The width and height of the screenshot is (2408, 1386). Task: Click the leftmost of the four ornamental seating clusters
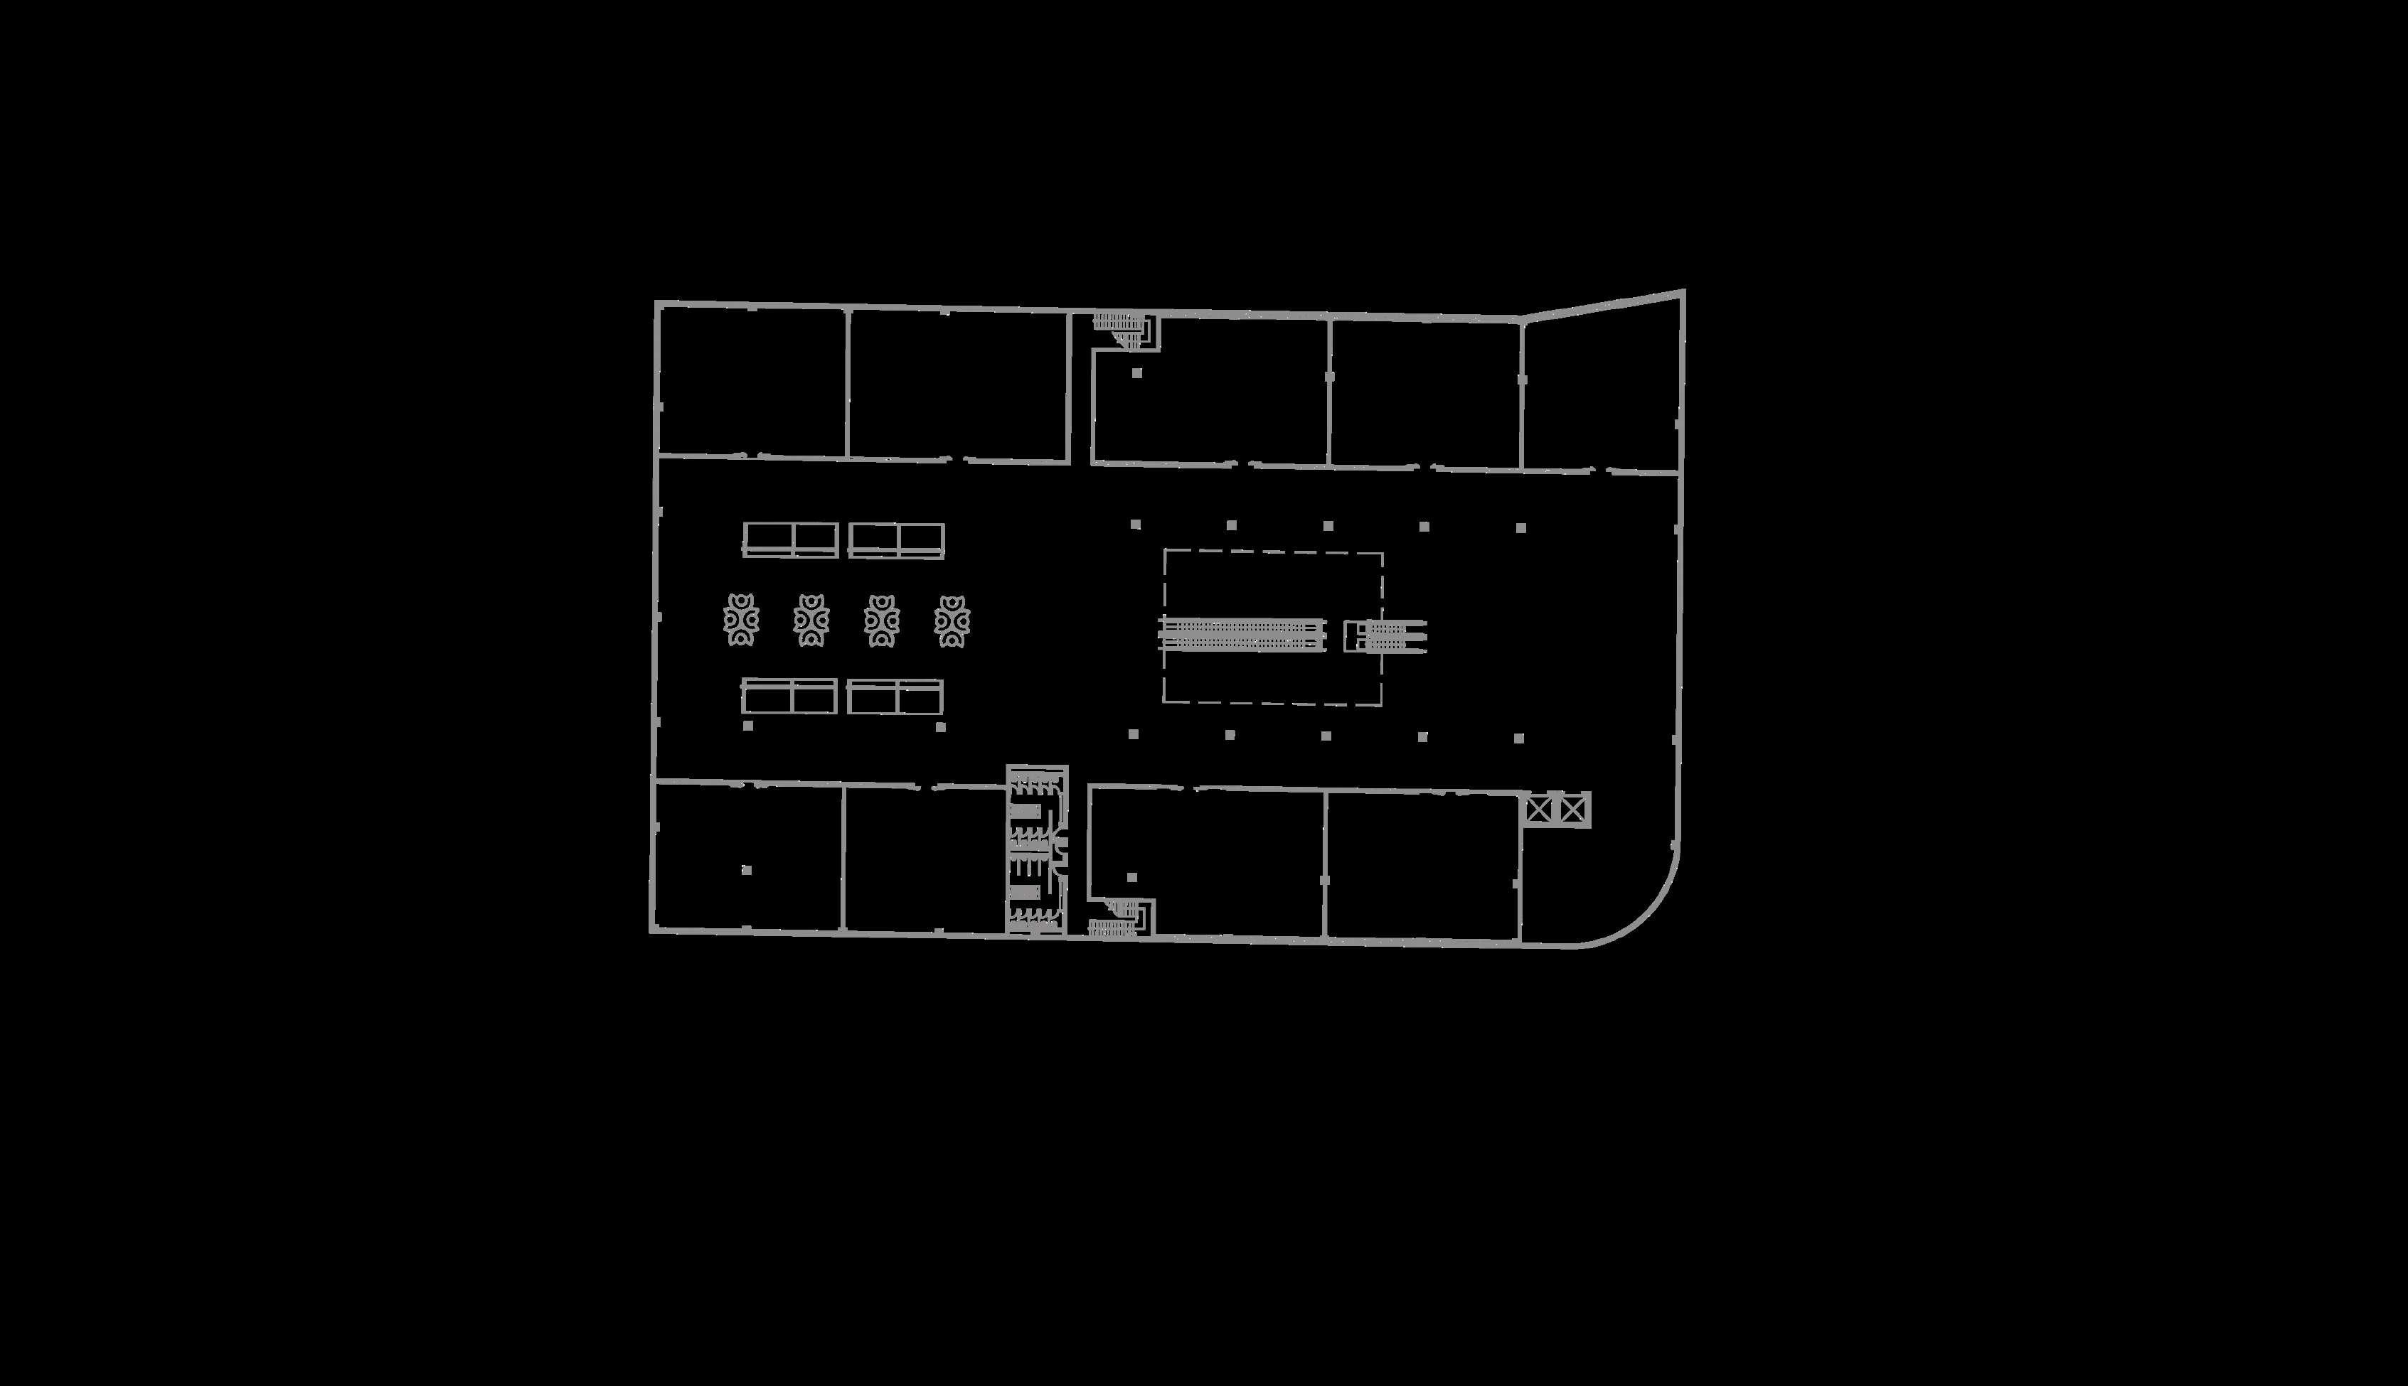(x=741, y=620)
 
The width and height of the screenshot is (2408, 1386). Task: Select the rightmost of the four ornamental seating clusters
(x=952, y=621)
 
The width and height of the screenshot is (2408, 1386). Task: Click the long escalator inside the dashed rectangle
(x=1242, y=634)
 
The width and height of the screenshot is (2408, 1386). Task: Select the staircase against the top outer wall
(x=1124, y=326)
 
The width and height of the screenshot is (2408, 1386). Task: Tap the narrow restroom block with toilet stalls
(x=1036, y=849)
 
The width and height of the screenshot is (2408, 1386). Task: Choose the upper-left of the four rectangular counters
(x=790, y=539)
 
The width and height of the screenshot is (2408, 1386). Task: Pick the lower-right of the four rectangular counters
(x=895, y=697)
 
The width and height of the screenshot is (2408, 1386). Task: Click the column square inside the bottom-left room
(x=747, y=870)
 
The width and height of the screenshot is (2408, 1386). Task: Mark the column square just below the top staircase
(x=1137, y=373)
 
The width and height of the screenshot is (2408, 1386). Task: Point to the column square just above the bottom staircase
(x=1132, y=876)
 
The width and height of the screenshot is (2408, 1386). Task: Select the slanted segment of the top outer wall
(x=1602, y=305)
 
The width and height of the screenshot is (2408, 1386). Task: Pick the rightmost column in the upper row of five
(x=1520, y=527)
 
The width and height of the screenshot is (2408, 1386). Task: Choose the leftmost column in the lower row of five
(x=1133, y=734)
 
